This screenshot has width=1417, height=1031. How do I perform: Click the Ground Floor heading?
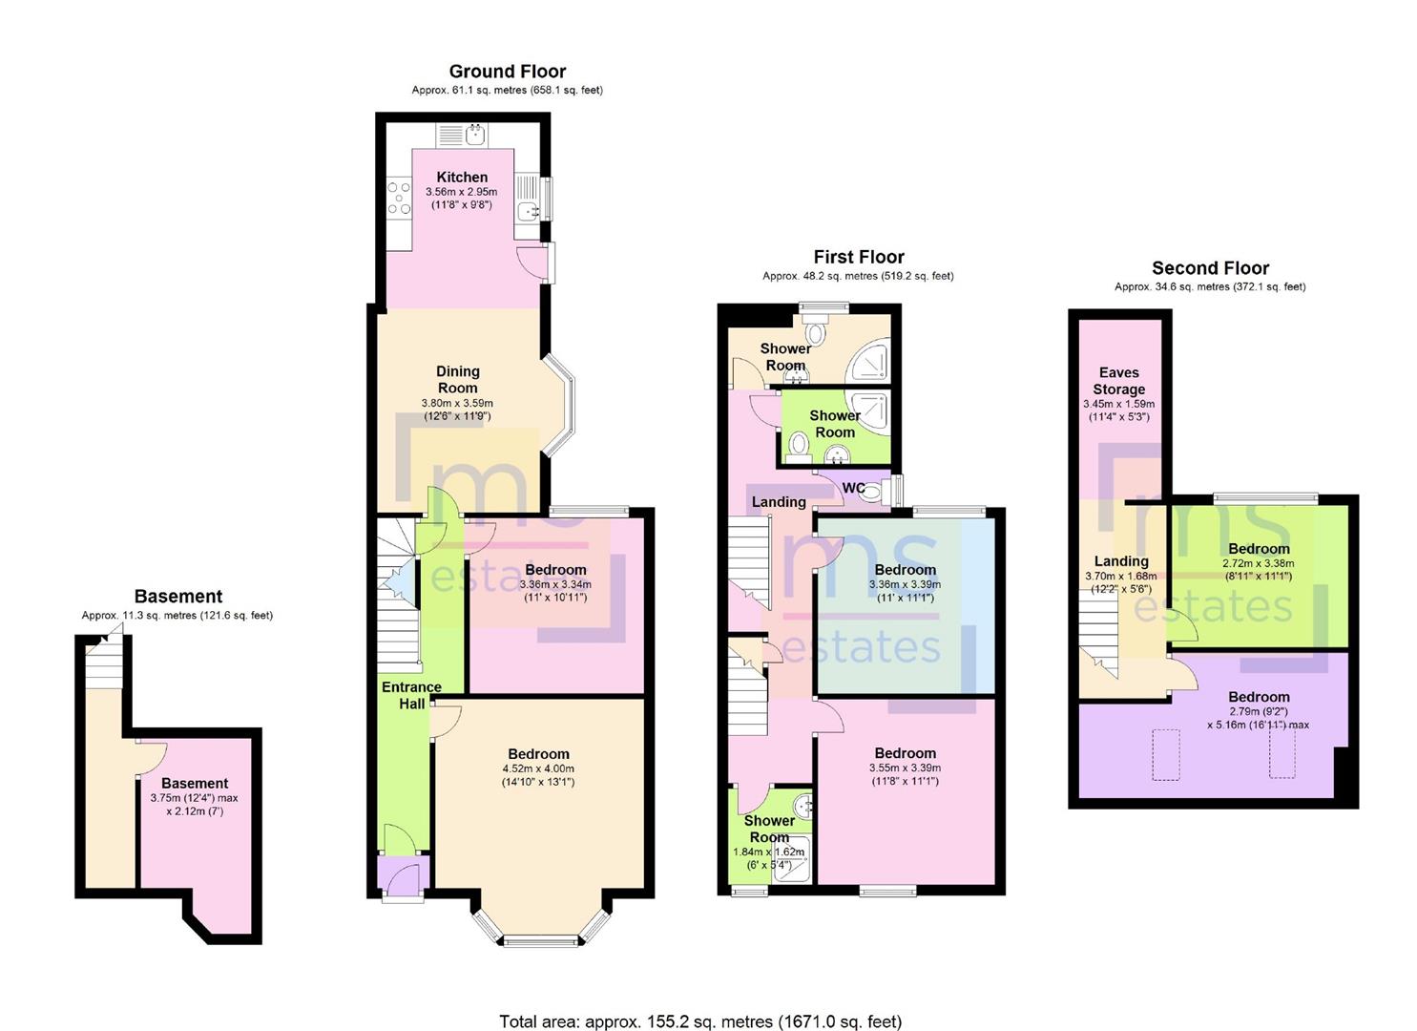pos(507,72)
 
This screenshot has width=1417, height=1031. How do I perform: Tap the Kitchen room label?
pos(462,177)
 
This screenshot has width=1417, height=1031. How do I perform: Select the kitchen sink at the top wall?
pos(474,135)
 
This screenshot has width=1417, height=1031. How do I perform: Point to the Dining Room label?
pos(457,379)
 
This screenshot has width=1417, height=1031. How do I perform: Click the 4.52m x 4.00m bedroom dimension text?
pos(538,768)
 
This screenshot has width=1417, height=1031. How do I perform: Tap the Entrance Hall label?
pos(411,695)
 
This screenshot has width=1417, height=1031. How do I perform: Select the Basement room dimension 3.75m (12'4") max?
pos(194,798)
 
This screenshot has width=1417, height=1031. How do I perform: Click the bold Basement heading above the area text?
pos(178,597)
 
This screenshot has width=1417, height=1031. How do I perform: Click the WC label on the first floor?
pos(853,488)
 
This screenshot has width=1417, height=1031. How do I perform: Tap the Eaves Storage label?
pos(1118,381)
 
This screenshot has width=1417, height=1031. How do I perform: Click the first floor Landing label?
pos(779,501)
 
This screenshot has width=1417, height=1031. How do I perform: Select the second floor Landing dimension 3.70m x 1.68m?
pos(1120,576)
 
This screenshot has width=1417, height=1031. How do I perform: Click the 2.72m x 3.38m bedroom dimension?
pos(1259,563)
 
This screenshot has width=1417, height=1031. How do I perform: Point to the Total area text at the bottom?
pos(699,1021)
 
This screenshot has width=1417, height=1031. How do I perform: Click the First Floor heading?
pos(858,257)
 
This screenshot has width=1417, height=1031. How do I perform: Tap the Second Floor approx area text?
pos(1209,286)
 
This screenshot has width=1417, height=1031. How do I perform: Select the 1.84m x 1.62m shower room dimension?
pos(768,852)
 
